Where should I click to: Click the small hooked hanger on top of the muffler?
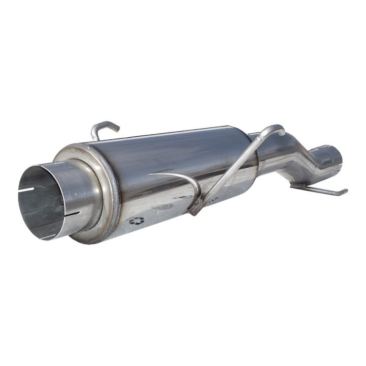[x=104, y=128]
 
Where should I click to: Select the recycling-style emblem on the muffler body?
[x=136, y=221]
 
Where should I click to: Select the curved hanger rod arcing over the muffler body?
[x=178, y=178]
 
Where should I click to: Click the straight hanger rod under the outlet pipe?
[x=320, y=190]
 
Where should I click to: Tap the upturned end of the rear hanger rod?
[x=344, y=192]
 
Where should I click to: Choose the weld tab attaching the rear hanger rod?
[x=300, y=186]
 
